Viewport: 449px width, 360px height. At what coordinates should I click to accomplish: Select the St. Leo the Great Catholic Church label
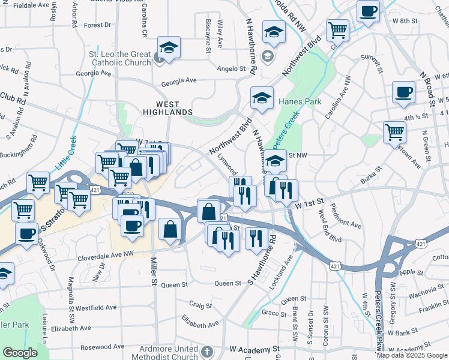tap(121, 58)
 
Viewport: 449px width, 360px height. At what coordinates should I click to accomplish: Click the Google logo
tap(20, 353)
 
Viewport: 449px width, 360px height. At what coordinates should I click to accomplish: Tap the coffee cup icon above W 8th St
tap(368, 11)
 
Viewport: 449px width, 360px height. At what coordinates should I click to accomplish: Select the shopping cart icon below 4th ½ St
tap(394, 131)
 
